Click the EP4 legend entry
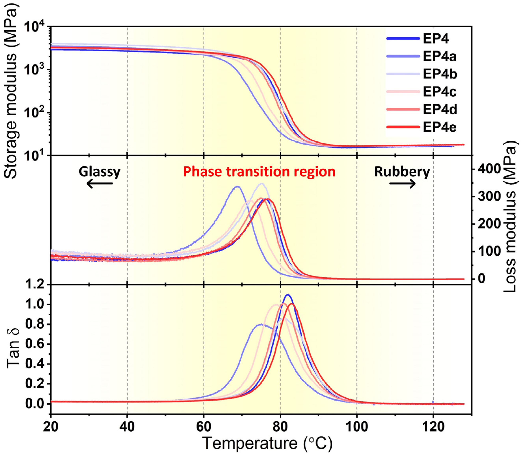pos(436,39)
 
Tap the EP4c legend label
pos(439,92)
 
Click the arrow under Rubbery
pos(402,183)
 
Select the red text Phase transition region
pos(259,172)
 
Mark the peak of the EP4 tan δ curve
pos(288,295)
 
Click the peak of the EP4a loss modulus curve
pos(237,187)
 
